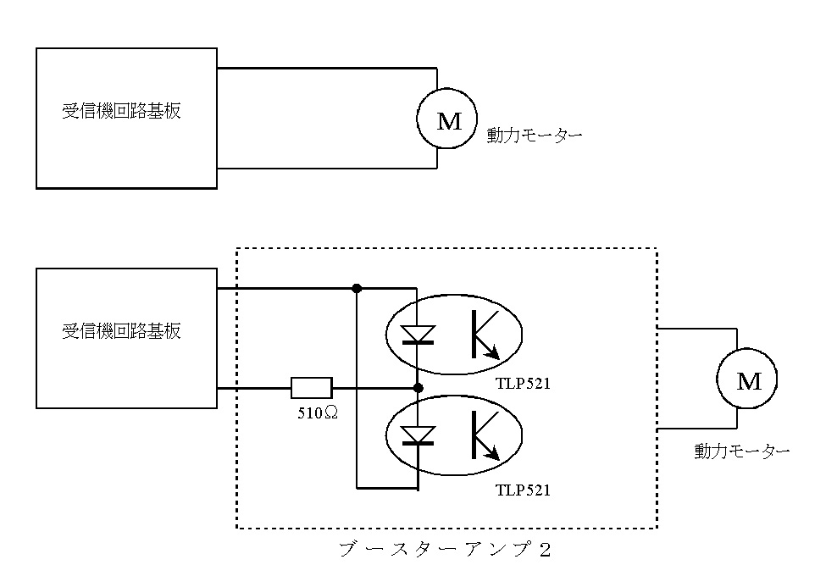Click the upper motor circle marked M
[449, 119]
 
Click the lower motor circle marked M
[749, 380]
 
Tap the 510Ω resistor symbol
[311, 388]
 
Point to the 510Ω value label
[312, 413]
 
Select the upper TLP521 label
[524, 384]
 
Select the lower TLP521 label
[524, 490]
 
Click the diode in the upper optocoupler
[418, 334]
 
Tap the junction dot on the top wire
[357, 288]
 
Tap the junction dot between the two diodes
[418, 388]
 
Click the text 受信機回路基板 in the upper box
[121, 111]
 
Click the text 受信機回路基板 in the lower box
[121, 331]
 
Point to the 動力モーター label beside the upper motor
[534, 135]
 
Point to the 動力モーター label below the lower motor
[742, 451]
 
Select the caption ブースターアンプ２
[445, 549]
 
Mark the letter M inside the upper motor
[449, 121]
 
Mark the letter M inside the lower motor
[749, 381]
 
